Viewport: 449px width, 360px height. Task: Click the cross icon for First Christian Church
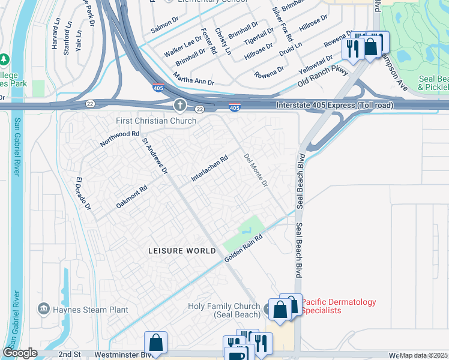coord(179,106)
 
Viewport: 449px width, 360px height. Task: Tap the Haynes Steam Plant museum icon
coord(44,309)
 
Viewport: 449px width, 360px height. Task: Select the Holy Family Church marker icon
coord(268,310)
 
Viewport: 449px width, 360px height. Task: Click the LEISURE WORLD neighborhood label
coord(182,250)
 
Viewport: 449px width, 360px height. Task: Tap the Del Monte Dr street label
coord(256,170)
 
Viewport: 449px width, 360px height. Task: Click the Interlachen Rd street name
coord(209,169)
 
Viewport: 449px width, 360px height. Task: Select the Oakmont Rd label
coord(131,196)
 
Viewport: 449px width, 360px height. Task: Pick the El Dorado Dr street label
coord(83,194)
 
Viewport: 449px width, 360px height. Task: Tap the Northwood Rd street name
coord(119,141)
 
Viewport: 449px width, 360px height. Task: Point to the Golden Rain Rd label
coord(244,248)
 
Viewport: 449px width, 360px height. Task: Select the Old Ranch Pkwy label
coord(323,79)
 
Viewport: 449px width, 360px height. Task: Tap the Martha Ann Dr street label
coord(193,79)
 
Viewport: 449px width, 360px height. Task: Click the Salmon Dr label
coord(165,28)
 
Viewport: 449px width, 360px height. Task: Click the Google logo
coord(20,353)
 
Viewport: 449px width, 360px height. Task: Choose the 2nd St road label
coord(69,355)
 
